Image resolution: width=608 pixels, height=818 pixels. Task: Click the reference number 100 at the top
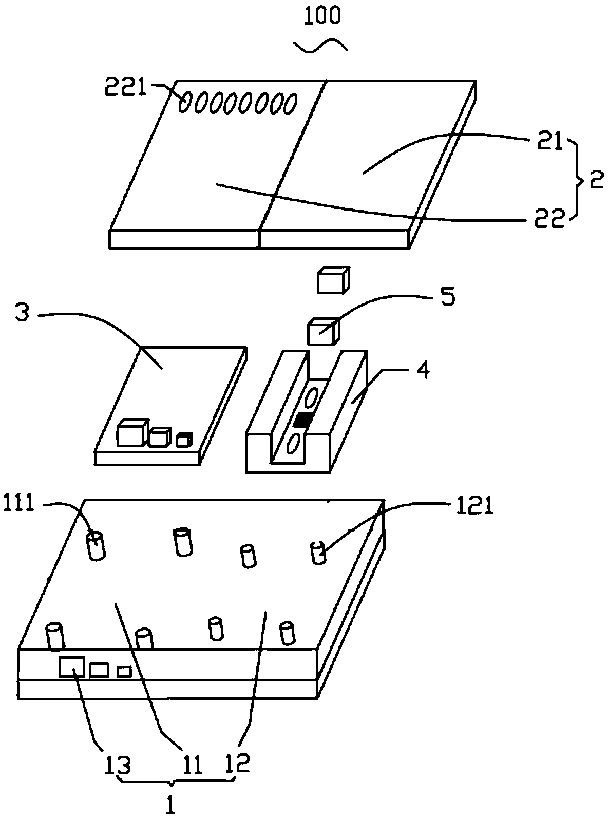pos(322,16)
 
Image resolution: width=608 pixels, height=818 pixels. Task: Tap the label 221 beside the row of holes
pos(125,87)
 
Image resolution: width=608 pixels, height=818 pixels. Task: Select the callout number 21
pos(549,142)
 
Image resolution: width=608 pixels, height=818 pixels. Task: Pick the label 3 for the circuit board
pos(22,312)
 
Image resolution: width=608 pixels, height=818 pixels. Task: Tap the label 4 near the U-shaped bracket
pos(423,369)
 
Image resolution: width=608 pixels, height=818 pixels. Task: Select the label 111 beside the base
pos(18,504)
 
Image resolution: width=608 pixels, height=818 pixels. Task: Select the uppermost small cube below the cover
pos(333,280)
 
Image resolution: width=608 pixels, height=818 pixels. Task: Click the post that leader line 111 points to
pos(96,546)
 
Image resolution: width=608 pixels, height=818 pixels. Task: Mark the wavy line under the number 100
pos(320,45)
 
